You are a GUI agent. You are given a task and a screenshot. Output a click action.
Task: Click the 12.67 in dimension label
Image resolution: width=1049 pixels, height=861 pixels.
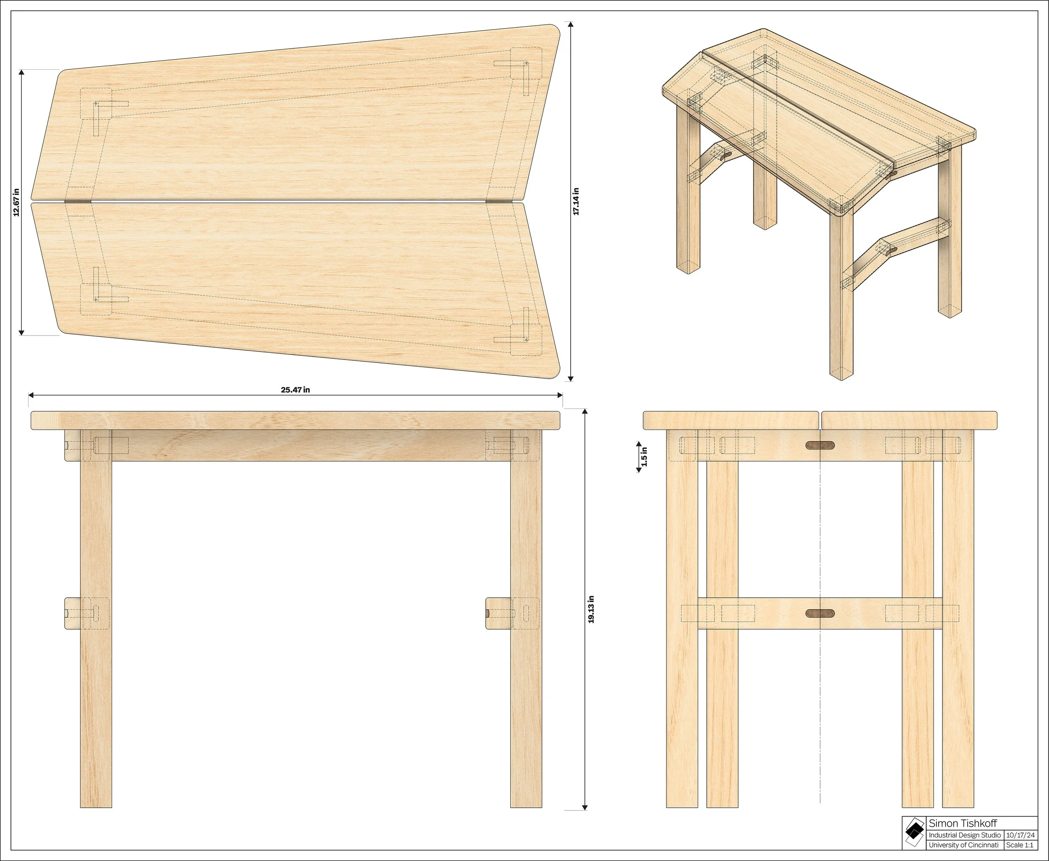(16, 202)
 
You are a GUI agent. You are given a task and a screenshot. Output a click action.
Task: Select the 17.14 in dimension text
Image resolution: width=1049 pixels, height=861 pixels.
(576, 201)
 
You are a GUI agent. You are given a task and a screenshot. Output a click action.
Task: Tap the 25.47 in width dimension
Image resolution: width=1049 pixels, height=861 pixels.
(295, 390)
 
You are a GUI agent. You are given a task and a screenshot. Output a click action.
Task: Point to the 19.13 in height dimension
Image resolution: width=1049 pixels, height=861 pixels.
(591, 609)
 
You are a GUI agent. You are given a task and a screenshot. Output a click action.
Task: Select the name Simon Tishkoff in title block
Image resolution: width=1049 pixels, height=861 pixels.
(962, 824)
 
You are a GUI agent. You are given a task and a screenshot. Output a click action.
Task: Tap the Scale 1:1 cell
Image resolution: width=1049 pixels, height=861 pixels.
(1020, 845)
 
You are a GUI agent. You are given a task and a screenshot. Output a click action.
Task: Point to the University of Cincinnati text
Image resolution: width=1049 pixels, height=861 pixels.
(963, 845)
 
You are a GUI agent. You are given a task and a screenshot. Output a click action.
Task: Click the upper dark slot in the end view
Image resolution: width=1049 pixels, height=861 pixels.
(819, 445)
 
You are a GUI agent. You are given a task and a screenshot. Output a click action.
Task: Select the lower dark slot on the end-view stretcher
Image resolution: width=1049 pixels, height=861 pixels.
(819, 614)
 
